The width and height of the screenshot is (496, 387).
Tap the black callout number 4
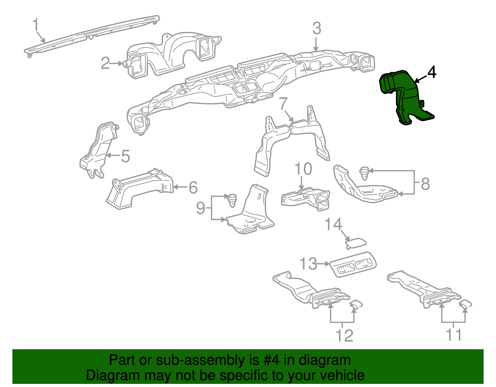[x=432, y=72]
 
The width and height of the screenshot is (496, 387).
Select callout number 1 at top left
[x=36, y=25]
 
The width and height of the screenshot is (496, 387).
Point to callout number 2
[x=105, y=63]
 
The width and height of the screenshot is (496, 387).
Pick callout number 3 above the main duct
[x=316, y=29]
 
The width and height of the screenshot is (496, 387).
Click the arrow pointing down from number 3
[x=316, y=45]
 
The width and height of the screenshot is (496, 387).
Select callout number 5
[x=125, y=156]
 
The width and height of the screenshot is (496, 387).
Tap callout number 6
[x=193, y=187]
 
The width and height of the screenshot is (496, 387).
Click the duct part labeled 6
[x=139, y=189]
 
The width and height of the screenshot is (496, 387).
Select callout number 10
[x=303, y=169]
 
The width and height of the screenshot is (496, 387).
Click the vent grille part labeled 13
[x=353, y=264]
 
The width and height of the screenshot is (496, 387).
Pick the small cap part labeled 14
[x=356, y=243]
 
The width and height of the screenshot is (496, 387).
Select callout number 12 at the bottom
[x=344, y=336]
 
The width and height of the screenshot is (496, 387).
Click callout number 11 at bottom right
[x=454, y=335]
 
